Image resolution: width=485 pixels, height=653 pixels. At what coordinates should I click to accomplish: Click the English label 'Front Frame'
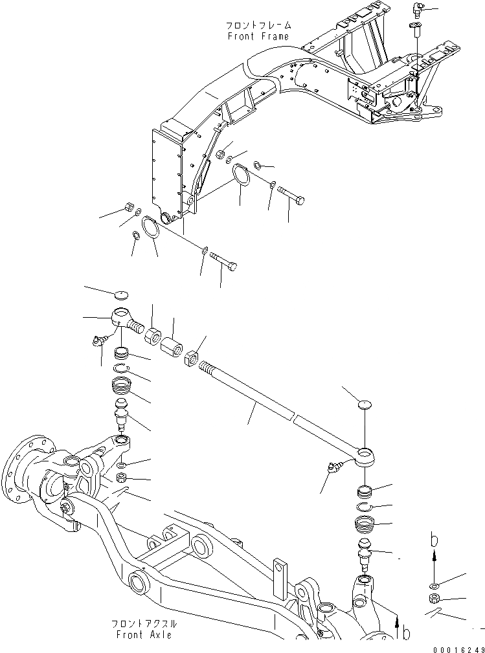pyautogui.click(x=258, y=36)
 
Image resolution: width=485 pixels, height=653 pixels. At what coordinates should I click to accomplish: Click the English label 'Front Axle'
pyautogui.click(x=144, y=635)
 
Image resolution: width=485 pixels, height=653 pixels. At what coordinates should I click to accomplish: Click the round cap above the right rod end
pyautogui.click(x=365, y=404)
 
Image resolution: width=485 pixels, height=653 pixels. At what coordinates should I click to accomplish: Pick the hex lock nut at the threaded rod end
pyautogui.click(x=192, y=357)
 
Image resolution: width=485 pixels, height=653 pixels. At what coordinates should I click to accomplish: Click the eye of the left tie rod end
pyautogui.click(x=120, y=316)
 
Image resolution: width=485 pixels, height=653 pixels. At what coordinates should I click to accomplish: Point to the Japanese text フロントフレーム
pyautogui.click(x=258, y=25)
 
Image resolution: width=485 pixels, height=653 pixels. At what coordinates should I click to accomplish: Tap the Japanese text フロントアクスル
pyautogui.click(x=144, y=624)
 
